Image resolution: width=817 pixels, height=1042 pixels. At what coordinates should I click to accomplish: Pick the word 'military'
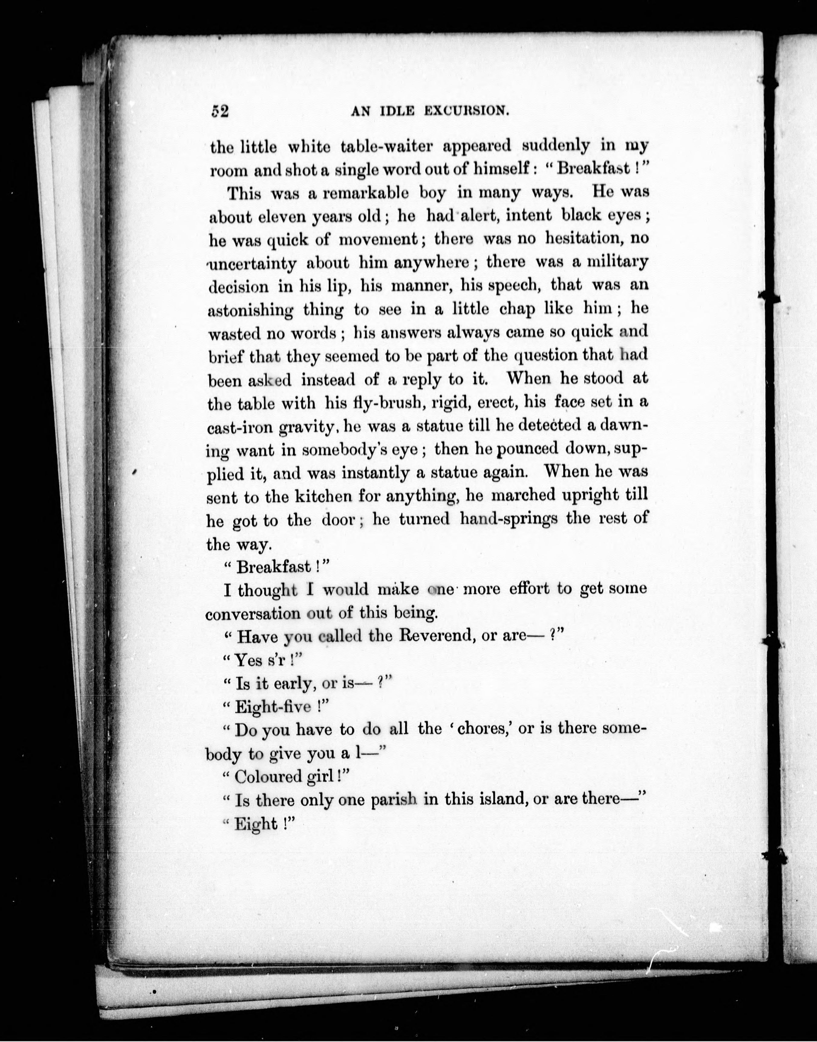pyautogui.click(x=617, y=262)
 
